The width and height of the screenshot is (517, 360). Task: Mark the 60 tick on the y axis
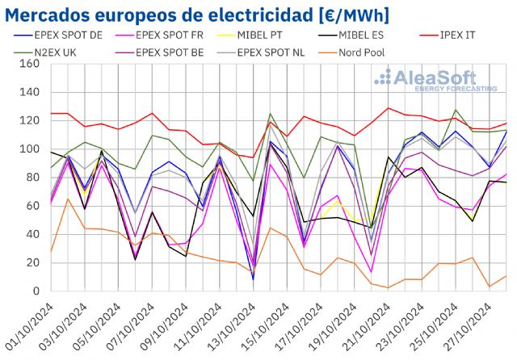click(33, 206)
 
